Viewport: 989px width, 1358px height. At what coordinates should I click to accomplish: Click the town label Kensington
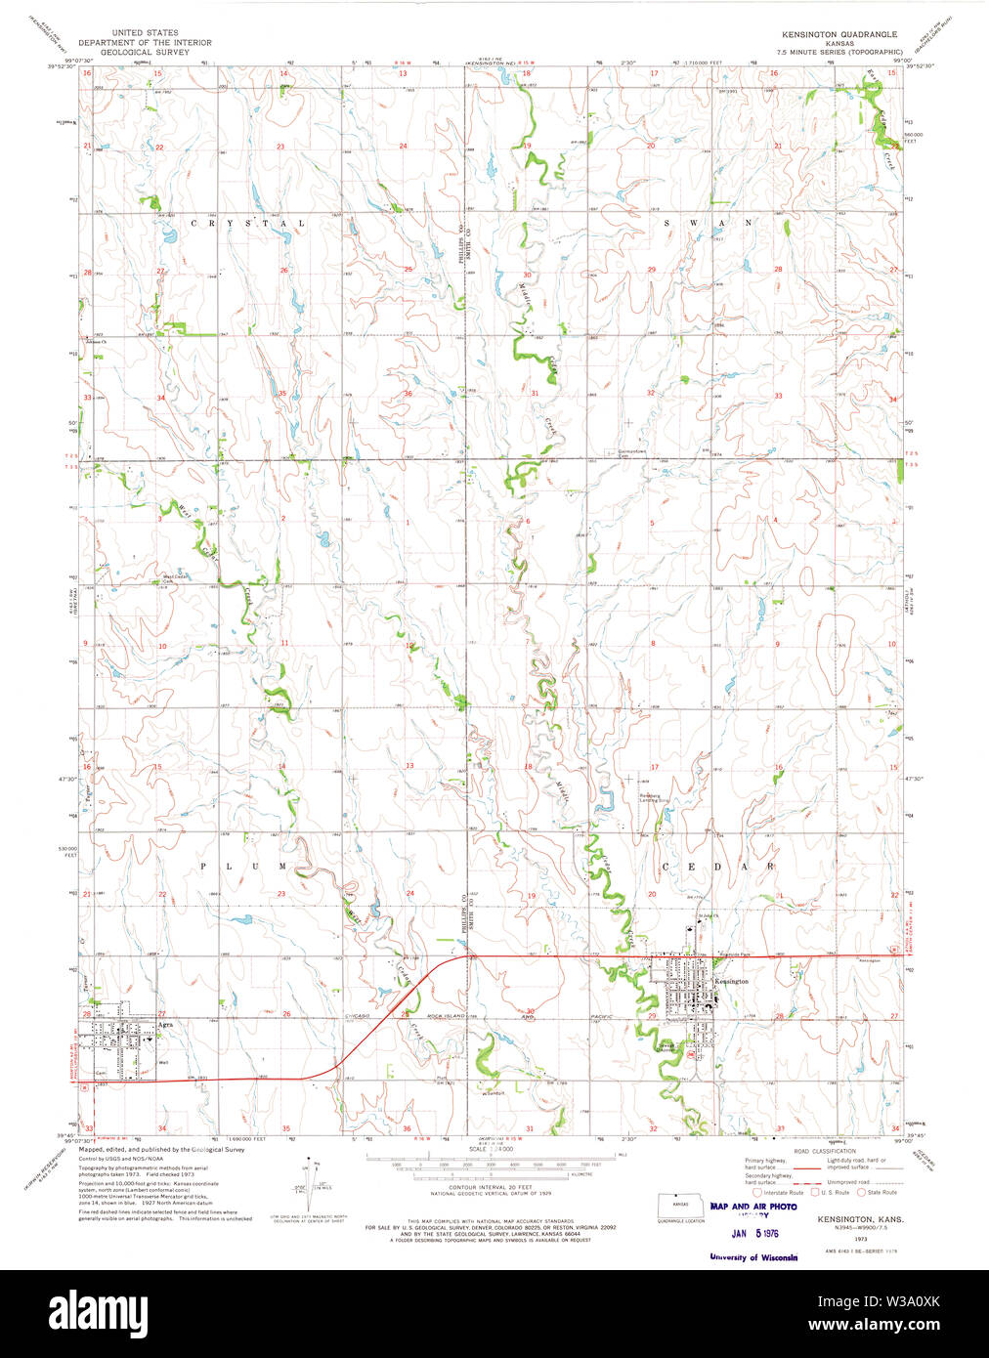732,981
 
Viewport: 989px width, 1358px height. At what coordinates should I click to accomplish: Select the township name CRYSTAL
247,224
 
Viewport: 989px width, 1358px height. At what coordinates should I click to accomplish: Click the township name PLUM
243,867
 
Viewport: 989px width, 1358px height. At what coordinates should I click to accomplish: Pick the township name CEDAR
719,867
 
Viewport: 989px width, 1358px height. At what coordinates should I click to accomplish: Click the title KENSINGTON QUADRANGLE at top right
838,34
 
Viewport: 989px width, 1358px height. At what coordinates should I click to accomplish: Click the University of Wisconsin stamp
753,1257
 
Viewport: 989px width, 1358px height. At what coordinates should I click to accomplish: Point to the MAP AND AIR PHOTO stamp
753,1207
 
